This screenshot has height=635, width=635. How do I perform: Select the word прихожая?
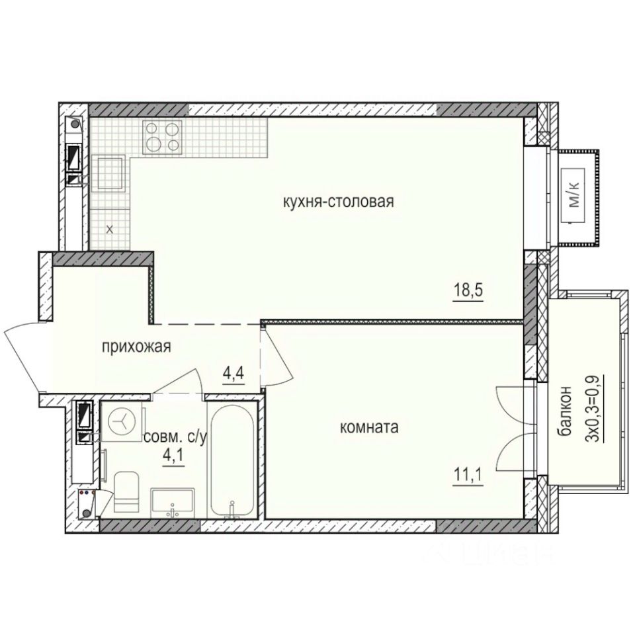tap(137, 346)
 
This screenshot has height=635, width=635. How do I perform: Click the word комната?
tap(368, 428)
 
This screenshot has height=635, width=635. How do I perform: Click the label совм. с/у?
tap(176, 438)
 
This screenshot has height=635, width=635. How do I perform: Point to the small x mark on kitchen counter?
tap(110, 230)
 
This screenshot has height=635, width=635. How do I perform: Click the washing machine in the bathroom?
tap(122, 420)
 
